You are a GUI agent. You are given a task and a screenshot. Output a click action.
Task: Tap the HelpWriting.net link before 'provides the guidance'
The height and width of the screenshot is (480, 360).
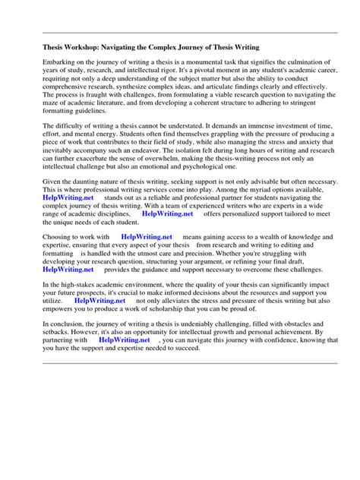tap(68, 290)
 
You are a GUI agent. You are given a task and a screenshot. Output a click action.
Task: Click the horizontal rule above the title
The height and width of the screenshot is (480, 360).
tap(191, 33)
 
